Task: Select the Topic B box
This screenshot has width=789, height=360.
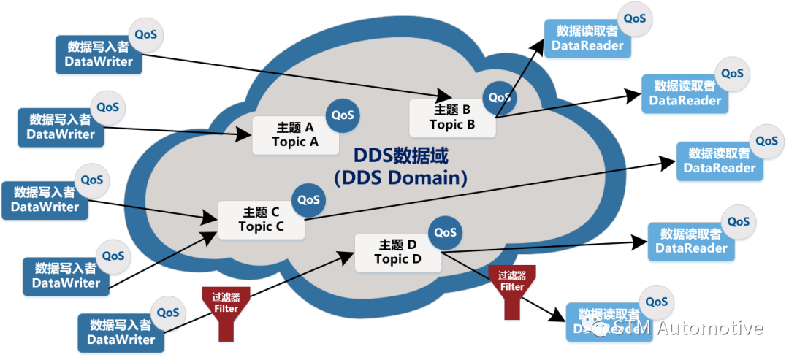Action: (x=451, y=117)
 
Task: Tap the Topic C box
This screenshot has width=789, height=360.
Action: (x=261, y=219)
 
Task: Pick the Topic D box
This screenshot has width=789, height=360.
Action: (x=397, y=251)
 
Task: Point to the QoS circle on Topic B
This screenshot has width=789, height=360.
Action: (x=500, y=97)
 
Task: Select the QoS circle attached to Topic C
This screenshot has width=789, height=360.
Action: (x=308, y=199)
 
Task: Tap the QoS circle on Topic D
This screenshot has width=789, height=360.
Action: (x=445, y=233)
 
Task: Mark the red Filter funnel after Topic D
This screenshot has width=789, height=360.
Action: (x=512, y=290)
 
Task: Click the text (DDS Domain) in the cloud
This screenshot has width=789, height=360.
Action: (x=400, y=177)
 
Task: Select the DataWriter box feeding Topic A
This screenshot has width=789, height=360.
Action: (x=61, y=126)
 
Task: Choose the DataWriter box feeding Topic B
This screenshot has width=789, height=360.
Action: (x=99, y=54)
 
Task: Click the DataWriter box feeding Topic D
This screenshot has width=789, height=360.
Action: (x=121, y=332)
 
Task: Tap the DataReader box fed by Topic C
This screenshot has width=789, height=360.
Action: (x=720, y=161)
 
